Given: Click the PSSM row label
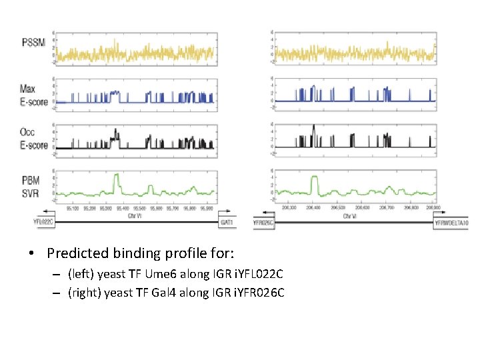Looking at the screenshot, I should pyautogui.click(x=34, y=43).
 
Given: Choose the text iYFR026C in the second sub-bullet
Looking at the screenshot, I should pyautogui.click(x=258, y=292).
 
